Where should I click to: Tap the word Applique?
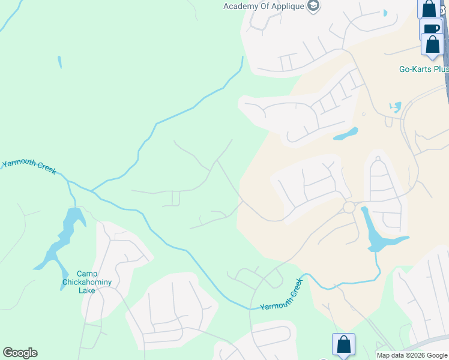[x=288, y=6]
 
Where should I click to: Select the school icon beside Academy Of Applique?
[x=313, y=6]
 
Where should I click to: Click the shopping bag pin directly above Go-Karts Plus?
[x=432, y=44]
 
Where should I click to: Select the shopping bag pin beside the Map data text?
[x=343, y=344]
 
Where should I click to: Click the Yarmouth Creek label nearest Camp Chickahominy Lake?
[x=29, y=167]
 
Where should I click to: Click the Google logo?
[x=20, y=353]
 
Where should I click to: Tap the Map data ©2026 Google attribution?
[x=412, y=355]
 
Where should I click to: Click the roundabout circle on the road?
[x=349, y=208]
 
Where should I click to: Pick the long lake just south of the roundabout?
[x=375, y=235]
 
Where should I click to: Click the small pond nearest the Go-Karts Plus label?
[x=395, y=107]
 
